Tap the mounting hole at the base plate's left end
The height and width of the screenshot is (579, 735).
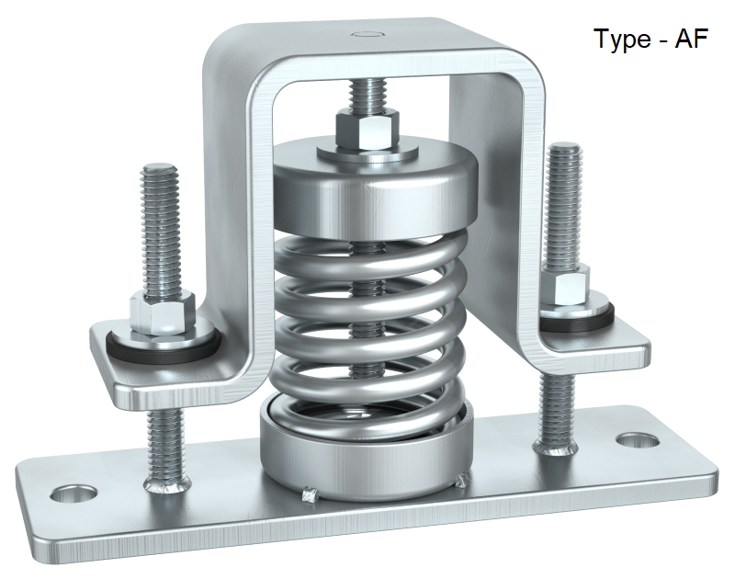(73, 495)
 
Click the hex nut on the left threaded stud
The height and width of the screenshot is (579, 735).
(162, 310)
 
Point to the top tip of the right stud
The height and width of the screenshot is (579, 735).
(561, 147)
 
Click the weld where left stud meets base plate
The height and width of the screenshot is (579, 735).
(166, 482)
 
